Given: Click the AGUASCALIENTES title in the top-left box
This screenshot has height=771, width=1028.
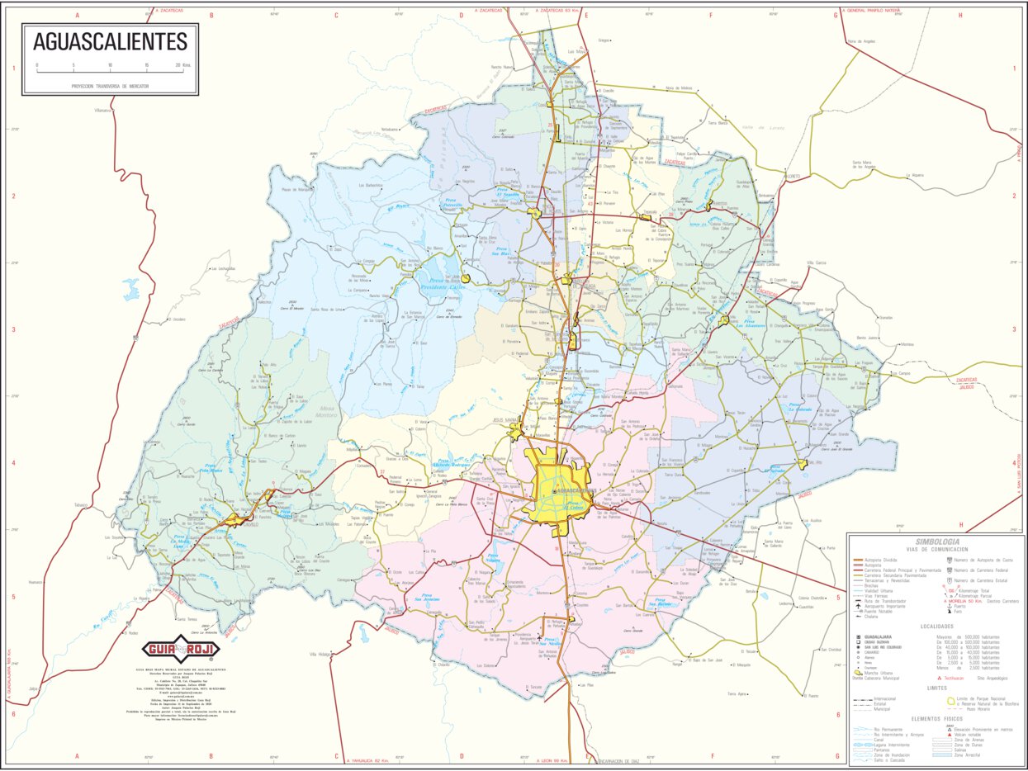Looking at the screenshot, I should [x=110, y=41].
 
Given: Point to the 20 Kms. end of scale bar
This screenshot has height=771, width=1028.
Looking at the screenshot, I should [x=179, y=64].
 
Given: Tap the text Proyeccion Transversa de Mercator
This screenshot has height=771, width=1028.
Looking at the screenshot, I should [x=110, y=86].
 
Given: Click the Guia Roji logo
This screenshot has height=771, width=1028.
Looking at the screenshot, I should [x=179, y=649].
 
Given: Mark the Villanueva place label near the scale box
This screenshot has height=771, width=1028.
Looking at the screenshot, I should [x=102, y=110].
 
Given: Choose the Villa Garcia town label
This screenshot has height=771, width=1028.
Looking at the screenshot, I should [x=816, y=263].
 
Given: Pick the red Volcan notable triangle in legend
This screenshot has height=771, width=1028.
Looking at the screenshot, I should [x=937, y=734].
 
